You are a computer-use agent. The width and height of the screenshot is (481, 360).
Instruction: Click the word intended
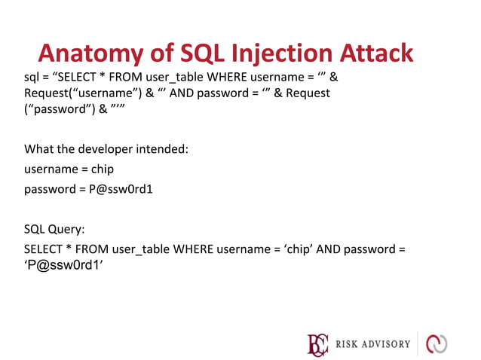[162, 148]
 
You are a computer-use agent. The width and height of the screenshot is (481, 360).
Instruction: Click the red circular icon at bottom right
[437, 343]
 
